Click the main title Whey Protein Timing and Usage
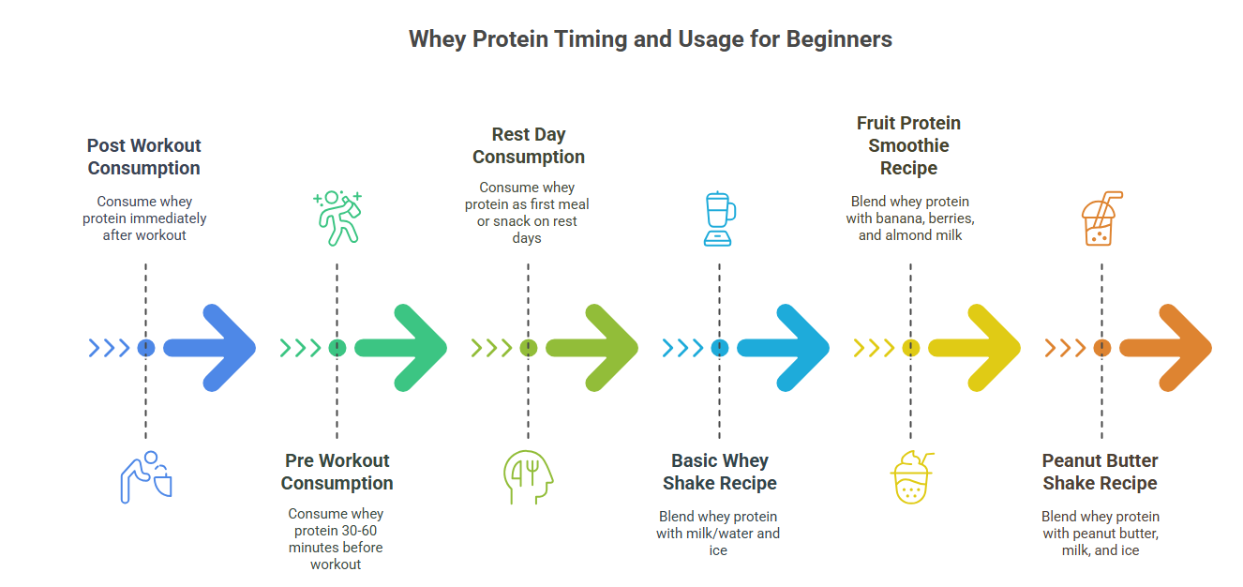(651, 39)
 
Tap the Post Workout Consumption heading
(143, 157)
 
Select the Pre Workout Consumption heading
(337, 472)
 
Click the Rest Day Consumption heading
(529, 145)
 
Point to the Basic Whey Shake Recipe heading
(720, 472)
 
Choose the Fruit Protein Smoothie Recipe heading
(908, 145)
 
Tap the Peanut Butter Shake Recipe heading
(1100, 472)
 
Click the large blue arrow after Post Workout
(210, 348)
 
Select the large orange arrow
(1166, 348)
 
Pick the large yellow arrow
(974, 348)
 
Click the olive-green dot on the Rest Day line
(529, 348)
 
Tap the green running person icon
(337, 218)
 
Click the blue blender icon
(719, 218)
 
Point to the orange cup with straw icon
(1101, 218)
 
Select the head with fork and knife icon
(528, 476)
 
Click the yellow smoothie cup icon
(912, 477)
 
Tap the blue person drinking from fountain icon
(146, 477)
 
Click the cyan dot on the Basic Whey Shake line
(720, 348)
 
